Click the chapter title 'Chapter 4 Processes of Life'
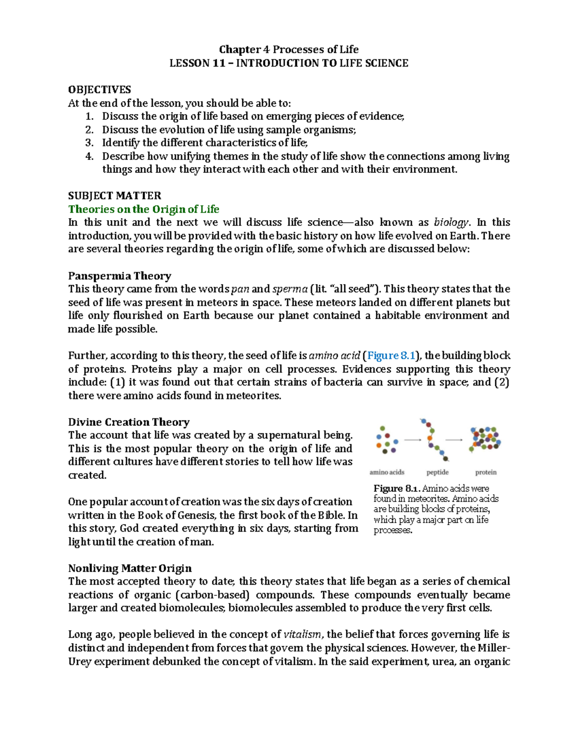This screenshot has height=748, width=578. pos(289,50)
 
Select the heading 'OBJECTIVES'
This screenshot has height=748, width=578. pos(99,90)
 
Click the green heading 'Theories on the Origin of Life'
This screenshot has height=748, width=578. pos(144,209)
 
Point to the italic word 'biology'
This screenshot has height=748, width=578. pos(451,223)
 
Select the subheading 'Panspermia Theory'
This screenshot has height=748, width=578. pos(119,276)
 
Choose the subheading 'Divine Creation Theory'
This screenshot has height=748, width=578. pos(129,422)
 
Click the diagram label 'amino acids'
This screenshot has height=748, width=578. pos(387,472)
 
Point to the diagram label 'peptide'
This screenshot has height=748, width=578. pos(437,472)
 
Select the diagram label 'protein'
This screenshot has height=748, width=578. pos(486,472)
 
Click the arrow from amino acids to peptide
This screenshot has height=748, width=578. pos(412,440)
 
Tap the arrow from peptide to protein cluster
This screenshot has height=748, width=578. pos(454,440)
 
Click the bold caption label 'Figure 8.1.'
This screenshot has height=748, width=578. pos(397,488)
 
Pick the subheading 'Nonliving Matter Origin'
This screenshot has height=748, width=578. pos(130,568)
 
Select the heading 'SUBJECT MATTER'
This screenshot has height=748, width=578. pos(115,196)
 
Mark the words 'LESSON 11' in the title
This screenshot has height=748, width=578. pos(197,63)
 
